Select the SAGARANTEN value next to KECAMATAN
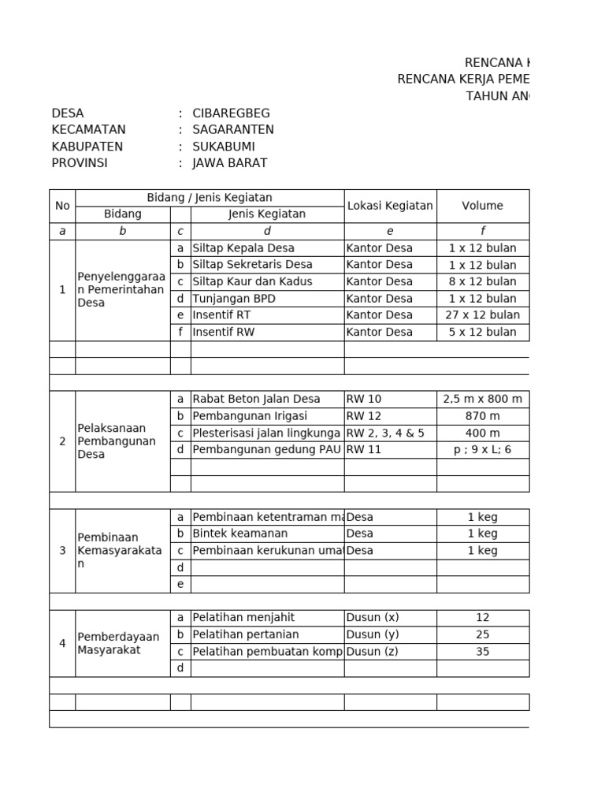(233, 129)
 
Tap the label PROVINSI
(80, 163)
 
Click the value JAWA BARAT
(230, 163)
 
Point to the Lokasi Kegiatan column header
(390, 206)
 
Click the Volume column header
(482, 206)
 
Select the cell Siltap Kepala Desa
(243, 248)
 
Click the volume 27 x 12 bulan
(482, 315)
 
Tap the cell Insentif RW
(224, 332)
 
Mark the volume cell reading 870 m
(482, 416)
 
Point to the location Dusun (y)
(373, 634)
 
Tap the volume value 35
(482, 652)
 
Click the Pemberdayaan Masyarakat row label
(118, 643)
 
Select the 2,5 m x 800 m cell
(482, 400)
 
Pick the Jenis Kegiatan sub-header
(267, 214)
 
